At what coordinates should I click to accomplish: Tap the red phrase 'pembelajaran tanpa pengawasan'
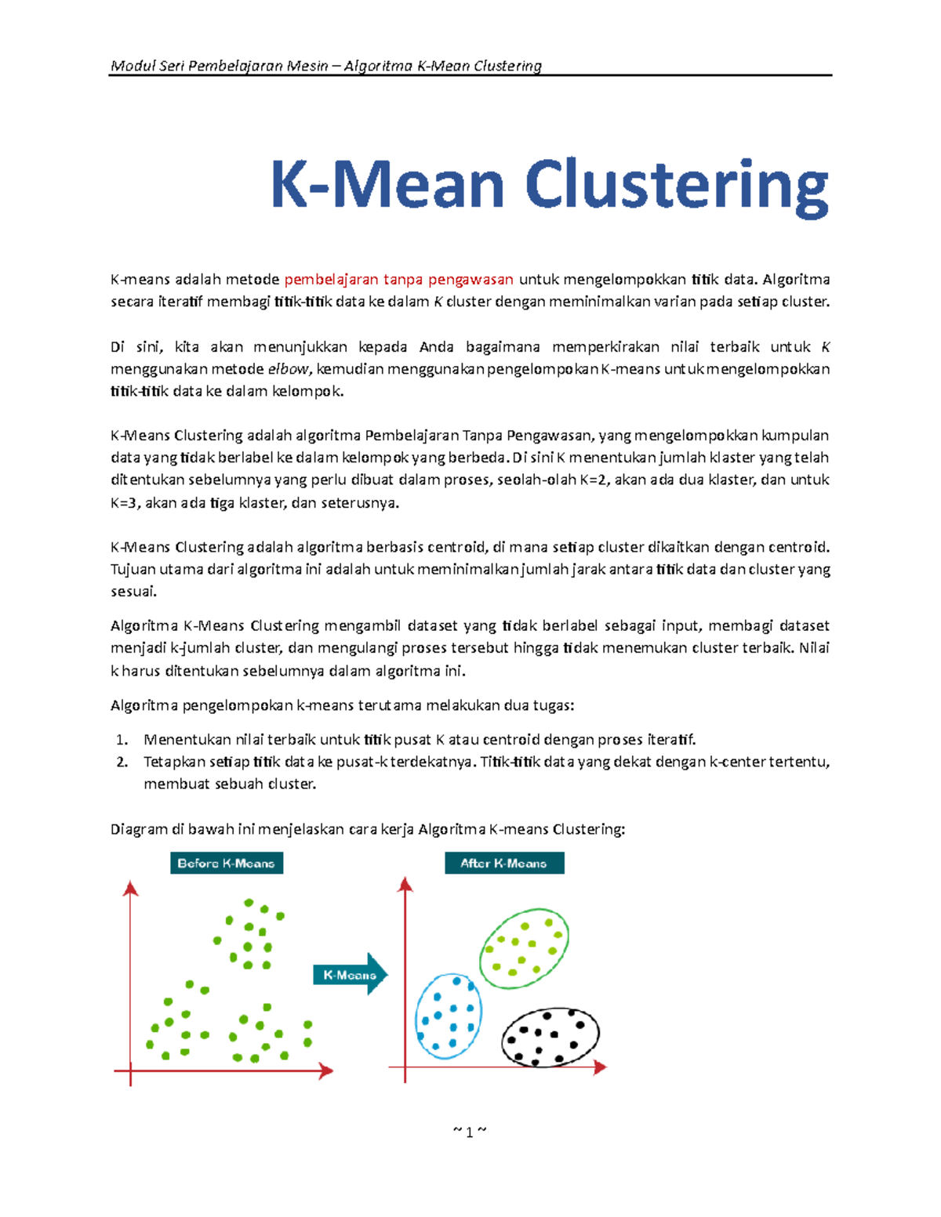click(x=398, y=280)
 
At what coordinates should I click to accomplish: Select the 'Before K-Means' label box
click(x=226, y=863)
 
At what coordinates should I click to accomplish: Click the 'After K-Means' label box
click(x=503, y=863)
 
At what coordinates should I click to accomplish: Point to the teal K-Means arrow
click(x=351, y=975)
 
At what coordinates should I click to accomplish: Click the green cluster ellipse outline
click(x=524, y=949)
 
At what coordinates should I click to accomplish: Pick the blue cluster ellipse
click(x=448, y=1016)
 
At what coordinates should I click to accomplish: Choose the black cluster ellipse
click(x=550, y=1038)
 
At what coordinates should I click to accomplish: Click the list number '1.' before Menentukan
click(x=122, y=740)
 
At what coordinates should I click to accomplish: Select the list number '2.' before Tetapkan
click(x=122, y=762)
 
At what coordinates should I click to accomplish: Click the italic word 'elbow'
click(x=289, y=369)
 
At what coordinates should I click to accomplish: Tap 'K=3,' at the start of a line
click(x=125, y=503)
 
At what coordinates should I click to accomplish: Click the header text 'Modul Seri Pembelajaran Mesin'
click(x=220, y=66)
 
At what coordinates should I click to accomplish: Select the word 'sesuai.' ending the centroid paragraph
click(x=133, y=592)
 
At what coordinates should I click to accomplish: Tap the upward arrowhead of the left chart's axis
click(x=131, y=888)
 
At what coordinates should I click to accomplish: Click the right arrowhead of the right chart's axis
click(x=601, y=1067)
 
